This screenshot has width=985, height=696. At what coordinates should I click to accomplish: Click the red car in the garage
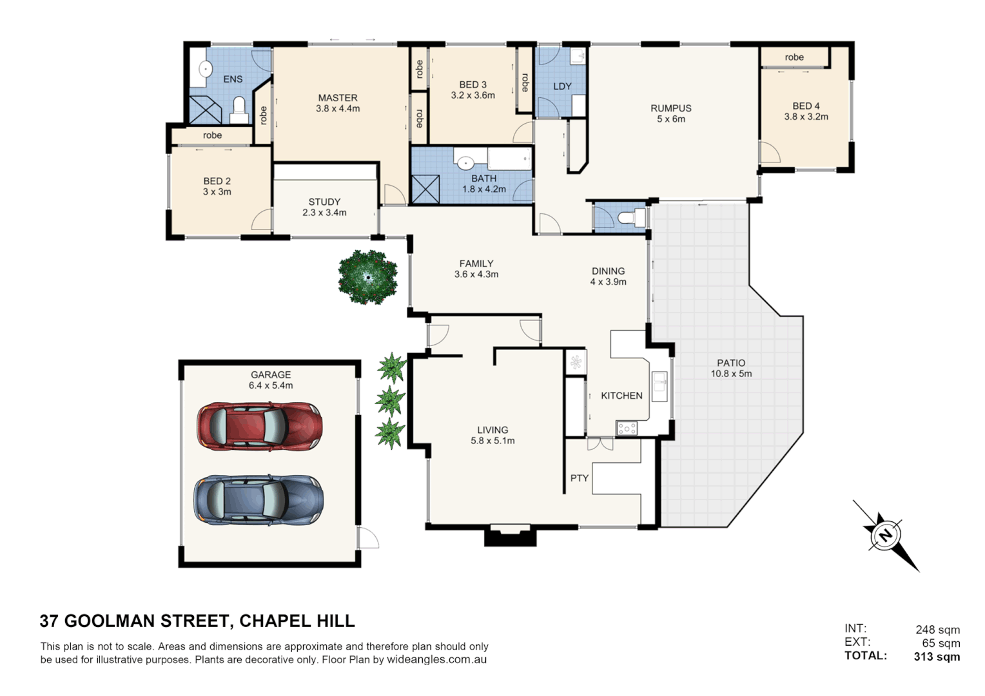point(259,426)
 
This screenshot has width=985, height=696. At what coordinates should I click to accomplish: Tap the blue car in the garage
point(259,500)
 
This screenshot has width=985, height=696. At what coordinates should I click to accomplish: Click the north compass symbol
point(886,536)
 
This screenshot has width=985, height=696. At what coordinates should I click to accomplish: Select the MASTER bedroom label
point(338,97)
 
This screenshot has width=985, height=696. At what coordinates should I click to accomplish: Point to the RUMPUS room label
point(671,108)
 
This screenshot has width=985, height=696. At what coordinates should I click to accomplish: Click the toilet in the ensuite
point(239,111)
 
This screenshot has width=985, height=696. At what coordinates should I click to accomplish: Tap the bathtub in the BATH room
point(510,159)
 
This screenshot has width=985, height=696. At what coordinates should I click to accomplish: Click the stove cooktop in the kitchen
point(626,428)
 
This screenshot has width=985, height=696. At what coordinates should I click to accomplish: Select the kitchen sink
point(659,387)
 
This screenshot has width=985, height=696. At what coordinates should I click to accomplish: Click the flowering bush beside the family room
point(367,277)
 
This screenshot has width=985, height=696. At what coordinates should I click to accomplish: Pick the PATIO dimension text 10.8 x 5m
point(731,374)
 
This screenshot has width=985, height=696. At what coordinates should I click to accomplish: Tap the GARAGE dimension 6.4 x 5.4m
point(271,385)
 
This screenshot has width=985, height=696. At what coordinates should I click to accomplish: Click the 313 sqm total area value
point(937,657)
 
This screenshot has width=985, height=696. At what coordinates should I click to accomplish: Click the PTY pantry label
point(579,478)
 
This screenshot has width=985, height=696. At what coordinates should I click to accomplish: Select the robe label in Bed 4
point(794,57)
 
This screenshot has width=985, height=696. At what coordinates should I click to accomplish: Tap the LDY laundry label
point(562,86)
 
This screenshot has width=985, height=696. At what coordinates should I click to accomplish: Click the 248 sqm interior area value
point(937,630)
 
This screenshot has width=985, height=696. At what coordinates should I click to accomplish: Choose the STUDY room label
point(324,202)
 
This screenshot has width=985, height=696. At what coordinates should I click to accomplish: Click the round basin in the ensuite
point(206,69)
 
